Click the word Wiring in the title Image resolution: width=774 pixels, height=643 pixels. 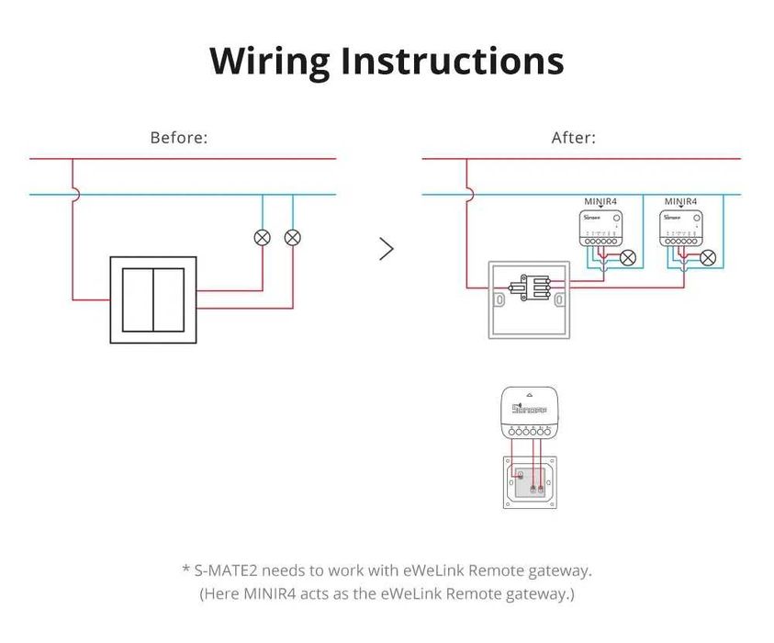pos(269,61)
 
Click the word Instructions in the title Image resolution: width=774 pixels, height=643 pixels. pos(452,61)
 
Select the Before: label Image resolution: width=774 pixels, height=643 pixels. pos(179,138)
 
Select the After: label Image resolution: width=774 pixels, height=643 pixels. pos(573,138)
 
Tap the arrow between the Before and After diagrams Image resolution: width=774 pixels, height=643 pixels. pos(387,249)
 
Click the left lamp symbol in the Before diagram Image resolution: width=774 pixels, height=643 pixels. pos(262,238)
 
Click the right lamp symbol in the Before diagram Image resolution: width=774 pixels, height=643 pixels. pos(292,238)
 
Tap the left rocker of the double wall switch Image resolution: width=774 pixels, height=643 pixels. pos(138,299)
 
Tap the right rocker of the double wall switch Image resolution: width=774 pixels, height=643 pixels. pos(168,299)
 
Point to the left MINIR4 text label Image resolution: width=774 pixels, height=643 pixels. pos(600,201)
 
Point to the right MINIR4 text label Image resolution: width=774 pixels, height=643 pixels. pos(680,201)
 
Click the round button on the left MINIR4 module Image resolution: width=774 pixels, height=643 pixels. pos(616,219)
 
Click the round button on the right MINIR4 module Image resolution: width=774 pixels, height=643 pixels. pos(696,219)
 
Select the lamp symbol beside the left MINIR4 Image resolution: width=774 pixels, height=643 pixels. pos(628,258)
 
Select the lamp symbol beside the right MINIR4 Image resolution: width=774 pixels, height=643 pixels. pos(708,258)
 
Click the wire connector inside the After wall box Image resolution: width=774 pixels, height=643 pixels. pos(530,288)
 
